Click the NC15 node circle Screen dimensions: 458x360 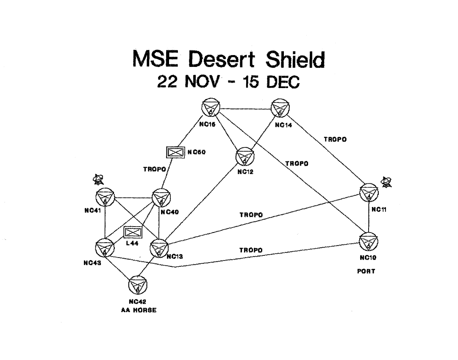[211, 108]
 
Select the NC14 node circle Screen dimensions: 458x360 [280, 108]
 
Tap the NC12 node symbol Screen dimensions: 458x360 [245, 157]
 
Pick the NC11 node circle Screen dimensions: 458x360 [369, 193]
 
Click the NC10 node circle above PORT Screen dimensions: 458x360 [369, 241]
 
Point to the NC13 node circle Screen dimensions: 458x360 [159, 248]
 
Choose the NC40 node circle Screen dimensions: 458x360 [161, 198]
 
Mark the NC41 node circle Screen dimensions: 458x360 [105, 197]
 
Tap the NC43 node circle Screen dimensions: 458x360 [105, 248]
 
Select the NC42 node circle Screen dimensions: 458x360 [138, 285]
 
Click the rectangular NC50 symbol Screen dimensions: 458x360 [175, 152]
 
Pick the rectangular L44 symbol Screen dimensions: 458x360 [133, 233]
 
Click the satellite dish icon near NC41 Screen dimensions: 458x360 [98, 180]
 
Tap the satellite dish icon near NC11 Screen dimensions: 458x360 [386, 182]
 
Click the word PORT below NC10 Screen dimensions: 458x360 [366, 271]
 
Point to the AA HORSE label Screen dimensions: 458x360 [139, 310]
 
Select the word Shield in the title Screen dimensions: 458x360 [295, 59]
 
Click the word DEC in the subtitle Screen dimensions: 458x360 [283, 82]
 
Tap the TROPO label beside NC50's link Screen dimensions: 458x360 [155, 169]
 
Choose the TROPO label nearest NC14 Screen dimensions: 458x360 [335, 140]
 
